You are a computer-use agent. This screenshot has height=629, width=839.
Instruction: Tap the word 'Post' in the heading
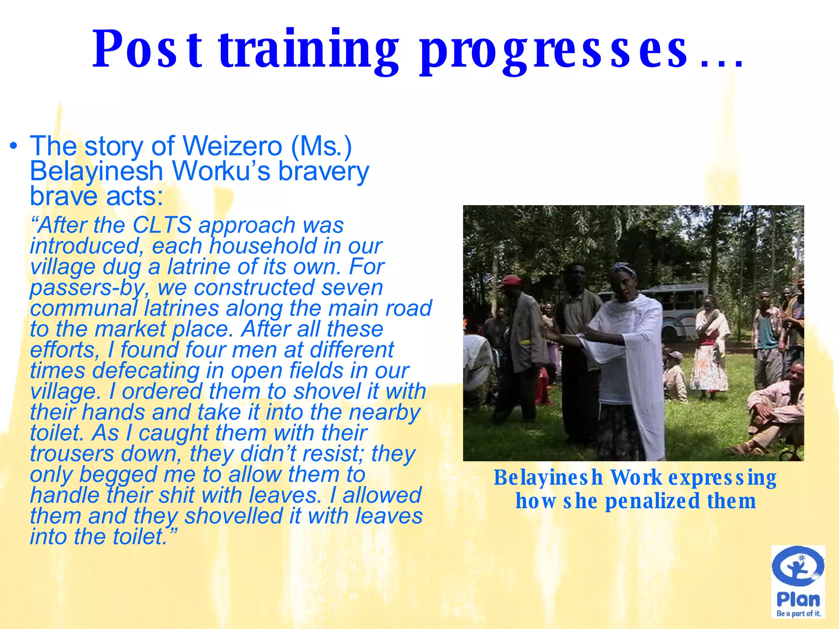click(x=147, y=50)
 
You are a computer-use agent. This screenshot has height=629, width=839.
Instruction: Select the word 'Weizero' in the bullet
click(x=232, y=146)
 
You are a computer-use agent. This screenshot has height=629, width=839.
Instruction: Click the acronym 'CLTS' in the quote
click(x=162, y=225)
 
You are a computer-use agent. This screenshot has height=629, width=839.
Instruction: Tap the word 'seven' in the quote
click(x=352, y=287)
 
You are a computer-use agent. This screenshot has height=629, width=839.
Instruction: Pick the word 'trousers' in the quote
click(x=72, y=453)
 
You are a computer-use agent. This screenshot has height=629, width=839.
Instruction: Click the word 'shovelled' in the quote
click(x=233, y=516)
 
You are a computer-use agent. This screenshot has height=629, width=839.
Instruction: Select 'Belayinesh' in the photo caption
click(x=548, y=477)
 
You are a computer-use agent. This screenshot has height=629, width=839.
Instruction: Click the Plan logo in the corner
click(x=798, y=582)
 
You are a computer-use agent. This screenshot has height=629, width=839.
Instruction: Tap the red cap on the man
click(x=510, y=280)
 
